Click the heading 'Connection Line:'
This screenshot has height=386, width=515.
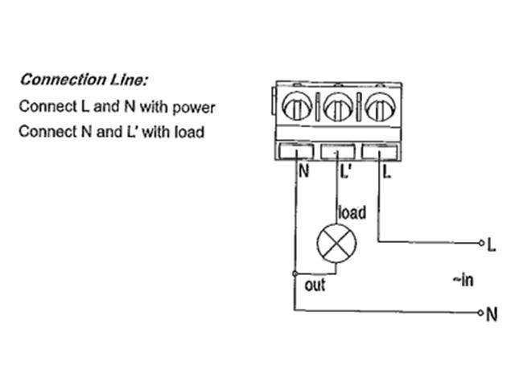click(x=84, y=80)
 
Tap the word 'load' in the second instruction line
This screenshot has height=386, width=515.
click(x=189, y=131)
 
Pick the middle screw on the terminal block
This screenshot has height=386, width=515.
click(x=338, y=107)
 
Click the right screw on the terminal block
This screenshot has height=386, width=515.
click(x=377, y=107)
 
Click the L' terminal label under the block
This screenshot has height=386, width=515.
click(x=344, y=171)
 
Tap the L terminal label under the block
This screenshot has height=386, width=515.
click(x=387, y=171)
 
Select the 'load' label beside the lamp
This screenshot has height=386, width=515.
click(x=352, y=213)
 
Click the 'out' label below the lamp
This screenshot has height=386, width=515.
click(x=315, y=285)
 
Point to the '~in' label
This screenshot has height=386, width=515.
click(x=462, y=280)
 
